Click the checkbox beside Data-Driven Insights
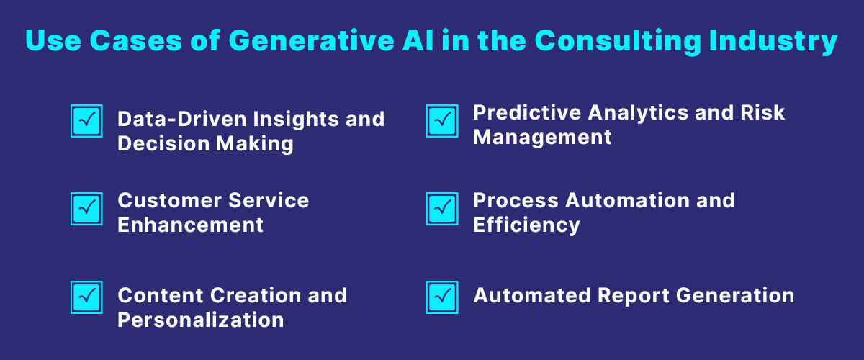[86, 121]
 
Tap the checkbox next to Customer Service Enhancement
[86, 209]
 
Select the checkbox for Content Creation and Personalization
[86, 297]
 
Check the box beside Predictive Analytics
[442, 121]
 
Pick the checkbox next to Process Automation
[442, 209]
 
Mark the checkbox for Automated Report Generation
[442, 297]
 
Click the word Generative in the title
[312, 40]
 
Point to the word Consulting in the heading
[618, 41]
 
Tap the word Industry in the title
[773, 41]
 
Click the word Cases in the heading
[136, 40]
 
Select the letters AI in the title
[418, 40]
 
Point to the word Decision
[163, 143]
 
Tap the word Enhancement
[191, 225]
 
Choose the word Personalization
[201, 320]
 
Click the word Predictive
[527, 112]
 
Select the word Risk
[762, 112]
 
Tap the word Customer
[170, 201]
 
